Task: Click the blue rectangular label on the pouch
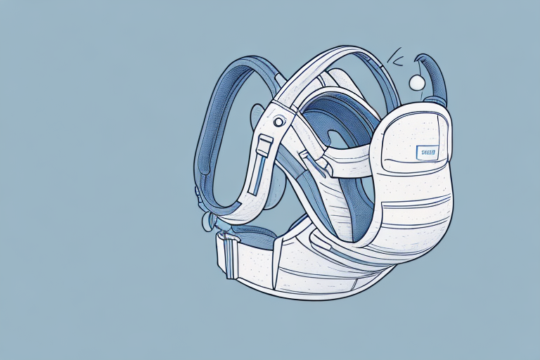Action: point(426,150)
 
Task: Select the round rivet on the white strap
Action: point(279,122)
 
